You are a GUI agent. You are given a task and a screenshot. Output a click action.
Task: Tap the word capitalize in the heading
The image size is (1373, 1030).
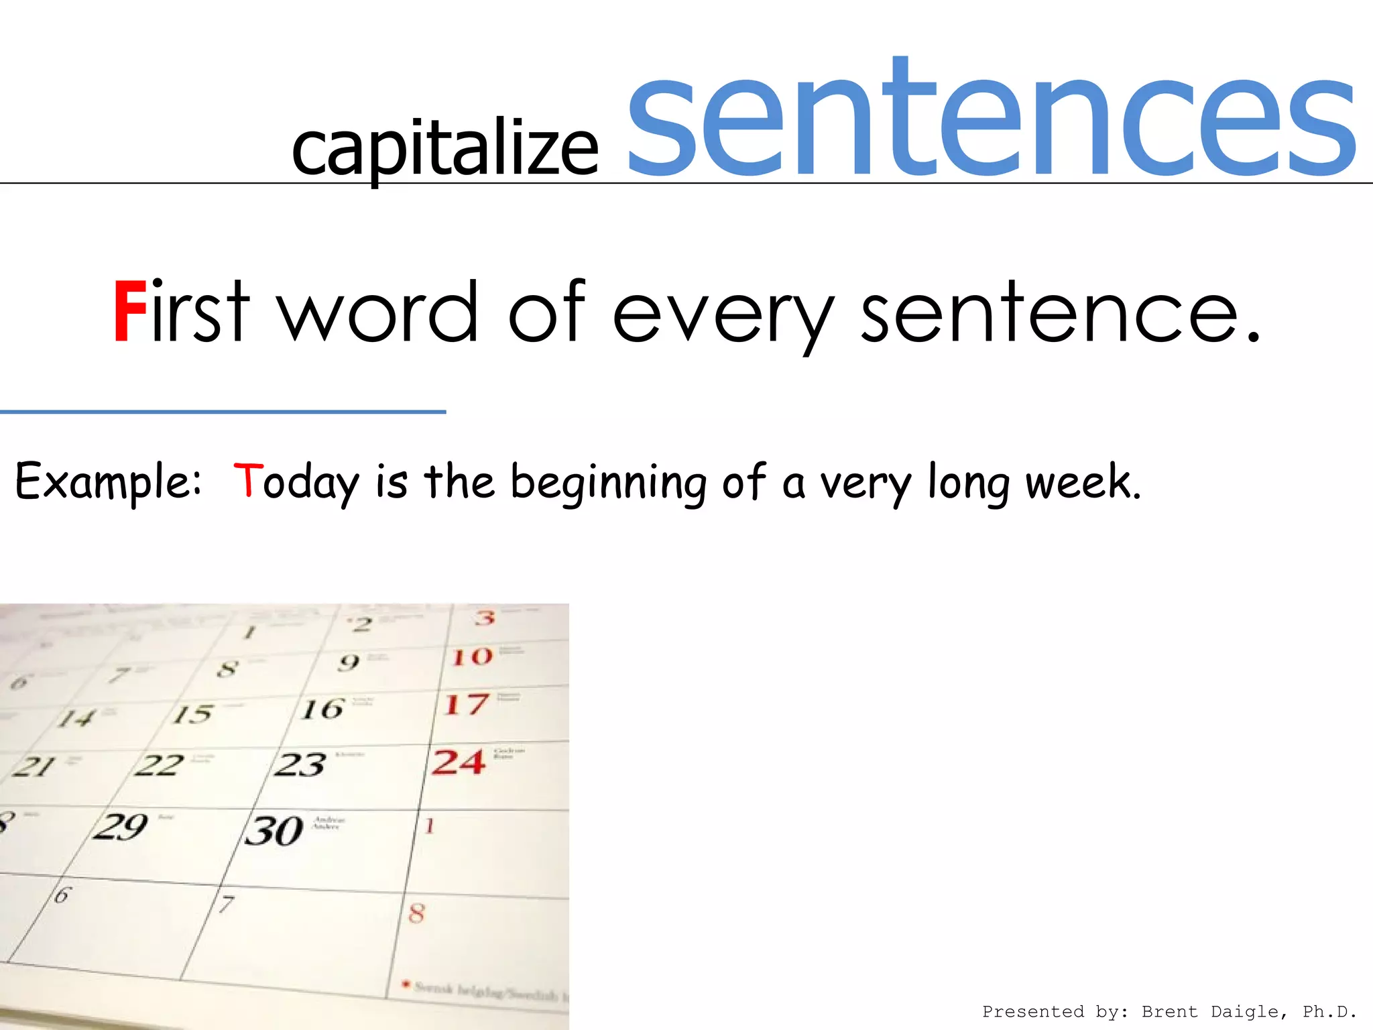[445, 149]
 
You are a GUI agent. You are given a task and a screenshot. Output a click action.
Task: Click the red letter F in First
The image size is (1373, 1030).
[129, 312]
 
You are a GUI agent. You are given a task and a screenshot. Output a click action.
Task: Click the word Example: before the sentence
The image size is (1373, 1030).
[108, 482]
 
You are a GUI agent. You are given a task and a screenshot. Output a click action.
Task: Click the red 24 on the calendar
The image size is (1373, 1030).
[459, 762]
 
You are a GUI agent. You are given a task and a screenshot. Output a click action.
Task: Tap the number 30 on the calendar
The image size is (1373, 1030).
[274, 831]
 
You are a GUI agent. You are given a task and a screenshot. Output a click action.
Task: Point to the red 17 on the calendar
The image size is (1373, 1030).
[467, 705]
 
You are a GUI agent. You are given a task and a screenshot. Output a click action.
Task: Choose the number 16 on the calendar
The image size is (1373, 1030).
[322, 709]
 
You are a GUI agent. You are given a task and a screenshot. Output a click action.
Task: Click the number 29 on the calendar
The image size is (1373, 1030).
[121, 827]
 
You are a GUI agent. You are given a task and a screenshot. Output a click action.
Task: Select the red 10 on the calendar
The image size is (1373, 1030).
[473, 656]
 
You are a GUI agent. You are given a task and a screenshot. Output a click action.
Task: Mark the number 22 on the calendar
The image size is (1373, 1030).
[159, 765]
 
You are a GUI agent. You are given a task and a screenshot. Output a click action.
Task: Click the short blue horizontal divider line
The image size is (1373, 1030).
[223, 412]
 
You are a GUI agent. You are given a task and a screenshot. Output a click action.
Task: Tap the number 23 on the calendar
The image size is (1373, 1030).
[300, 764]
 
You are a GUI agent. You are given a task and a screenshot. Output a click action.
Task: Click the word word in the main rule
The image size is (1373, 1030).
[379, 312]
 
